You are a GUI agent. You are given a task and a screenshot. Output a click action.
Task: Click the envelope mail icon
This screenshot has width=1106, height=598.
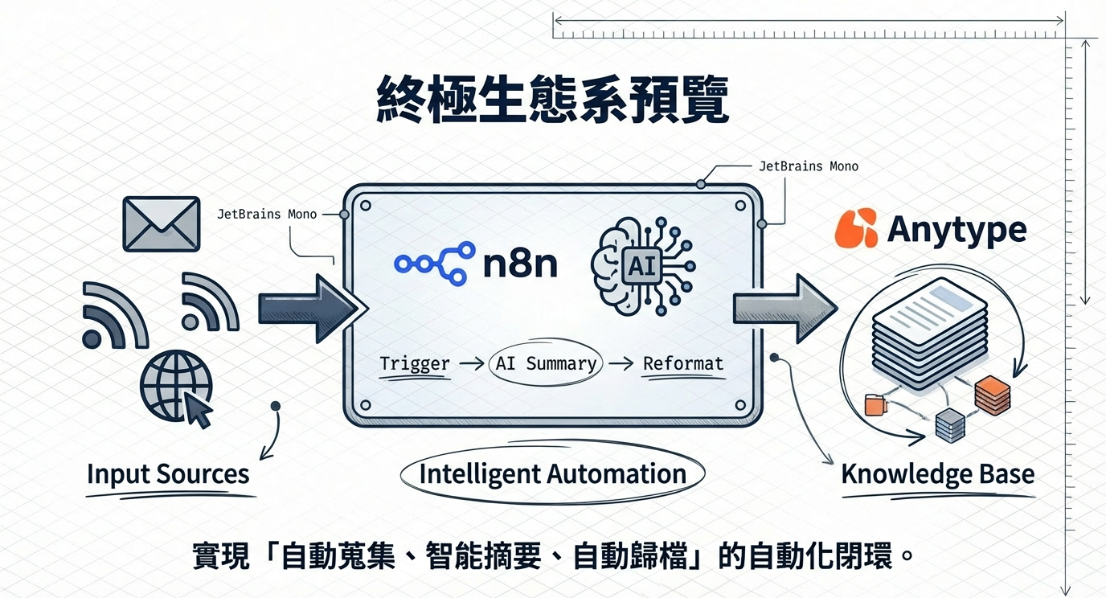pos(161,224)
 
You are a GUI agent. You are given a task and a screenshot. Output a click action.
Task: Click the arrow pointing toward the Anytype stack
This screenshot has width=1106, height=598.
pos(784,309)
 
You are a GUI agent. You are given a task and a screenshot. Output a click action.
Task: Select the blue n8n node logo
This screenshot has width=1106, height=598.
pos(432,264)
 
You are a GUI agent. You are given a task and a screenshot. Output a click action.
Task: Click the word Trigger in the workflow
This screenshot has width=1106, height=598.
pos(415,363)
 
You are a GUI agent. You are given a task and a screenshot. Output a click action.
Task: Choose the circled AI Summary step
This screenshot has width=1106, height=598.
pos(546,363)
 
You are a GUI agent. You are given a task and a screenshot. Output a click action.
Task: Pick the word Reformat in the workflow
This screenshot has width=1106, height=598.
pos(683,363)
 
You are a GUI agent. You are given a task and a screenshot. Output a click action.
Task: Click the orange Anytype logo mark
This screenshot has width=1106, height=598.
pos(856,228)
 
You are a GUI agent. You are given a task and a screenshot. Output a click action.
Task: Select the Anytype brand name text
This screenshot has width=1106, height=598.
pos(956,230)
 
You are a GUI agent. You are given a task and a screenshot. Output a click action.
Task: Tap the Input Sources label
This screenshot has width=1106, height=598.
pos(168,473)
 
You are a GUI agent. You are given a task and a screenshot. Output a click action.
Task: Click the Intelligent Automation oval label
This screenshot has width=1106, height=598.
pos(552,473)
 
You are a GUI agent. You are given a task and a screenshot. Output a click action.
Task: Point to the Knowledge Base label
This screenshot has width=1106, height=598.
pos(937,473)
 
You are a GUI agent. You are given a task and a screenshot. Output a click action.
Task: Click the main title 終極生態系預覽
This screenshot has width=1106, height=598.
pos(553,100)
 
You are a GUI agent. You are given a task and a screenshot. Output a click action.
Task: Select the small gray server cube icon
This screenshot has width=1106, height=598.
pos(950,424)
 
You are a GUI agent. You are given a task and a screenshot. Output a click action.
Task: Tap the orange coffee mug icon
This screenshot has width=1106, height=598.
pos(874,404)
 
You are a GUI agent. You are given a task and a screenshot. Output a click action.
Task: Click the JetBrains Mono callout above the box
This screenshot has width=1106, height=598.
pos(808,166)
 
